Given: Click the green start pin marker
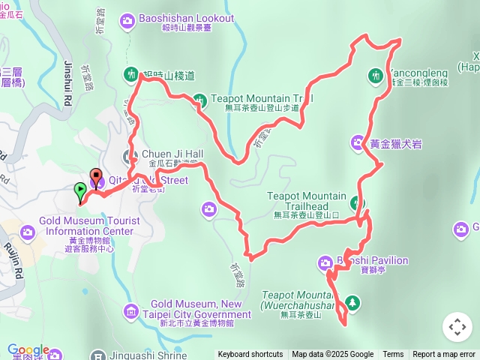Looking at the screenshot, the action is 80,192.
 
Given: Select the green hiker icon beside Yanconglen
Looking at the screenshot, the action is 374,74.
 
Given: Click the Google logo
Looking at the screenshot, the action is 28,350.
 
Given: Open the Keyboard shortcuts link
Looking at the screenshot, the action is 250,355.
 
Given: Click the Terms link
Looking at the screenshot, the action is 393,355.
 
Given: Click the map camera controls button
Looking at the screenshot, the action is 457,327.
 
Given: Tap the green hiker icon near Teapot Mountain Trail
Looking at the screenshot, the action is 199,98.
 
